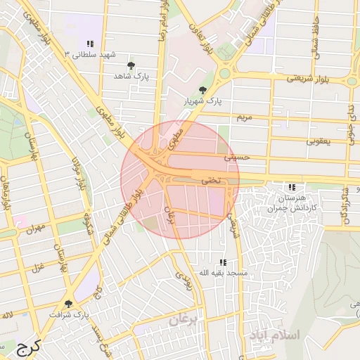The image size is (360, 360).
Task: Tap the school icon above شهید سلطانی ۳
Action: (89, 43)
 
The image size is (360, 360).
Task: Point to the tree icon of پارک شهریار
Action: (203, 90)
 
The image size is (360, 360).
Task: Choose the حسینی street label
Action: (236, 158)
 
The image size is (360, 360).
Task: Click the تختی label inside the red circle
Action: (211, 180)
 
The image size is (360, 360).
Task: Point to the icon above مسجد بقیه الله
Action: (223, 262)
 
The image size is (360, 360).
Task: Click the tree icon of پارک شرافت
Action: (67, 304)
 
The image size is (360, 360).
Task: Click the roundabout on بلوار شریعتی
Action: (225, 73)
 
